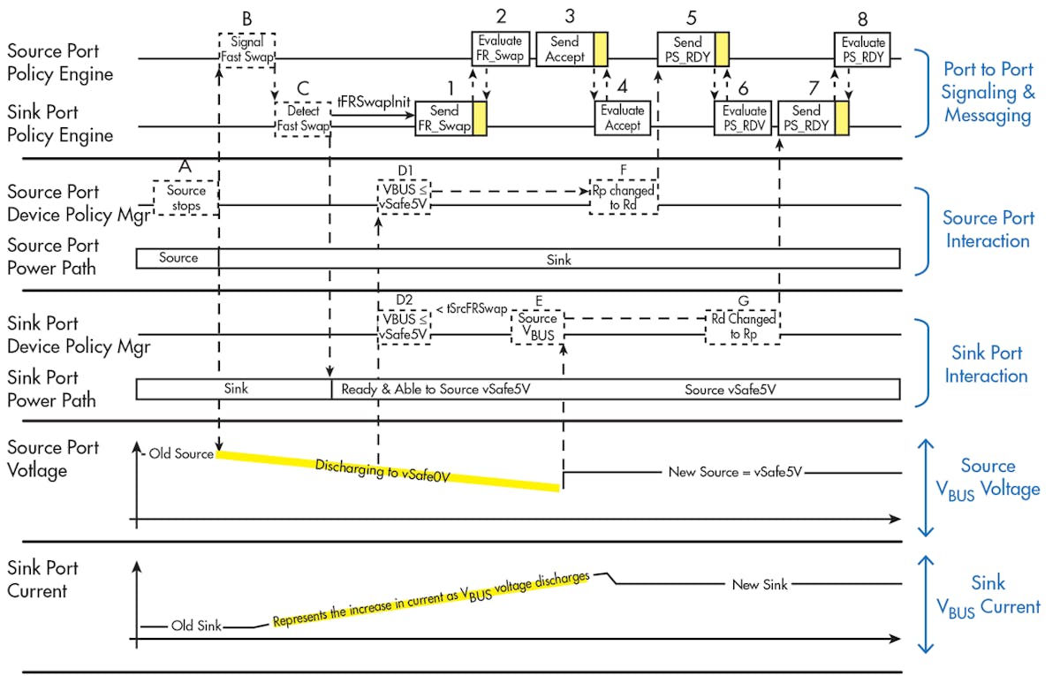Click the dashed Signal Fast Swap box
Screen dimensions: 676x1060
[247, 49]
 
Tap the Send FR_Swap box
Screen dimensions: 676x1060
[445, 118]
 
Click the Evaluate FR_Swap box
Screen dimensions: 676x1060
[500, 49]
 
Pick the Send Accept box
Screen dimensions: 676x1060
[565, 49]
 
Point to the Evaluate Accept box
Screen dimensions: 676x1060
[622, 118]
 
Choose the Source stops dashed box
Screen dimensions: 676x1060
[185, 198]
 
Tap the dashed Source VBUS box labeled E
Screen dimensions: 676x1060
[538, 327]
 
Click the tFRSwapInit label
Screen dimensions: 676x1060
[375, 103]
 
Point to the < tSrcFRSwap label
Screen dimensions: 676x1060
[472, 308]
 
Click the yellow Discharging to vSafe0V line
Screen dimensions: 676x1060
[389, 469]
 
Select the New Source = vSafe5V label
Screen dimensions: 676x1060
[734, 472]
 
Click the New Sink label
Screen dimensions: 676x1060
[760, 584]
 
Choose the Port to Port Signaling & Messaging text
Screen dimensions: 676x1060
[988, 92]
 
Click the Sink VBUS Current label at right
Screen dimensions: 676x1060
[988, 595]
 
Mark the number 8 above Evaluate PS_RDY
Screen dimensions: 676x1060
[861, 19]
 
